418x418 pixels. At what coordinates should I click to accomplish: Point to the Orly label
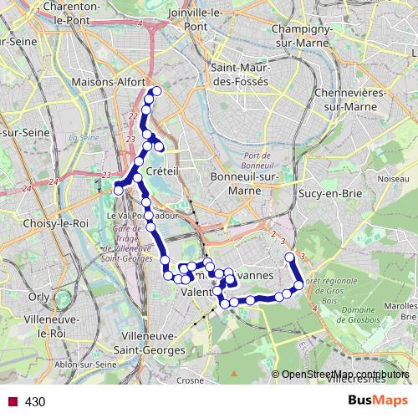38,296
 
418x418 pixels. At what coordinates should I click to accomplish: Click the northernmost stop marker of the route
155,91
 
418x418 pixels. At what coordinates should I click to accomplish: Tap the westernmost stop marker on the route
118,190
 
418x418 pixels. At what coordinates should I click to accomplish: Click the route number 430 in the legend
35,401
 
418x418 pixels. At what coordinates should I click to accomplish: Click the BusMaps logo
375,400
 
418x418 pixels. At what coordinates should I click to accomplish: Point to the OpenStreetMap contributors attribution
344,375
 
